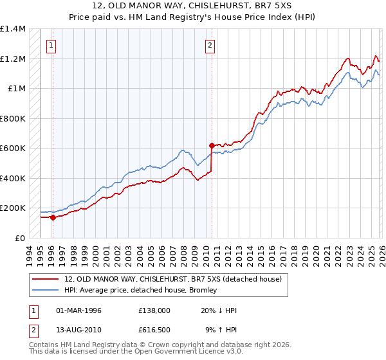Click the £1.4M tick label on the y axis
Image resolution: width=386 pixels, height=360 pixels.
(13, 29)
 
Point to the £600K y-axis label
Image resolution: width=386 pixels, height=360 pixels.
(13, 148)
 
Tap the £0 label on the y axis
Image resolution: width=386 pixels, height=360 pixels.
(20, 238)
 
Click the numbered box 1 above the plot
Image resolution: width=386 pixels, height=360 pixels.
(51, 45)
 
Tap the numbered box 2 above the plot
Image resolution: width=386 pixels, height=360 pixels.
(210, 45)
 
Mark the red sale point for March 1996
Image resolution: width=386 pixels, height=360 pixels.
(53, 217)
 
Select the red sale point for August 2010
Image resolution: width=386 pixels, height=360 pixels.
(212, 146)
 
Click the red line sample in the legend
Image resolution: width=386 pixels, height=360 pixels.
(46, 279)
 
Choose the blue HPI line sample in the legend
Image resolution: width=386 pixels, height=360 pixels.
(46, 290)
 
